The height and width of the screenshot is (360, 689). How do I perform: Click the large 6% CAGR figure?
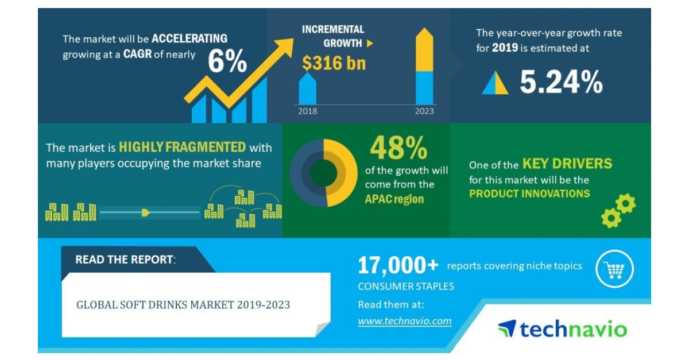(227, 61)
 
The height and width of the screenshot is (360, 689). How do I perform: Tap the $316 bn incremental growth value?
(334, 63)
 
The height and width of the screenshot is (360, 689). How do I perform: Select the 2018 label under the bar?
(307, 111)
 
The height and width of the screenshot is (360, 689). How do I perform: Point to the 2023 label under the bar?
(424, 111)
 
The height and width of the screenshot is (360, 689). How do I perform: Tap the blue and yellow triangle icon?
(495, 84)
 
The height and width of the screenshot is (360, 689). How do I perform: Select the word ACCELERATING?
(189, 39)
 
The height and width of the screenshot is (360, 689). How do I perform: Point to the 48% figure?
(398, 148)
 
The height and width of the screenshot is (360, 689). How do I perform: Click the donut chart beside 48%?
(323, 173)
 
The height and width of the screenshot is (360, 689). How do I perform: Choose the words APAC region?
(394, 199)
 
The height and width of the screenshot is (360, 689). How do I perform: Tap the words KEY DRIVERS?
(567, 164)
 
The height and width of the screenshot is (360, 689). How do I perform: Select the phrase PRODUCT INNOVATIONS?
(529, 193)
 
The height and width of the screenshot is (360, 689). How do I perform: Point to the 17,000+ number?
(398, 265)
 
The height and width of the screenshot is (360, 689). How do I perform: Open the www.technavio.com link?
(405, 321)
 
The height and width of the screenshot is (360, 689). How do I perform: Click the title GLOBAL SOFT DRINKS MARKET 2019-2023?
(183, 304)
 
